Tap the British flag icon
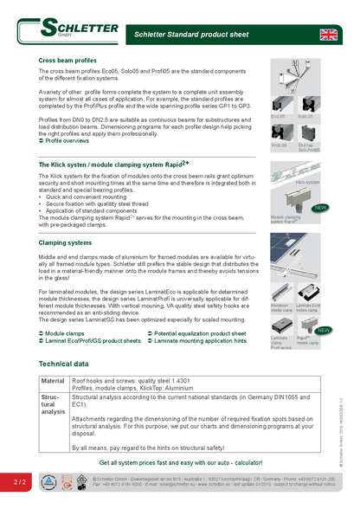329,35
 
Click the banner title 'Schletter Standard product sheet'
190,35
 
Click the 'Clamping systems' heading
65,243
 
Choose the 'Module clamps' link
64,332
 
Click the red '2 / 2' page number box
19,480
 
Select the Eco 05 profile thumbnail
282,102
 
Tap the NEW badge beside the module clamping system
320,208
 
